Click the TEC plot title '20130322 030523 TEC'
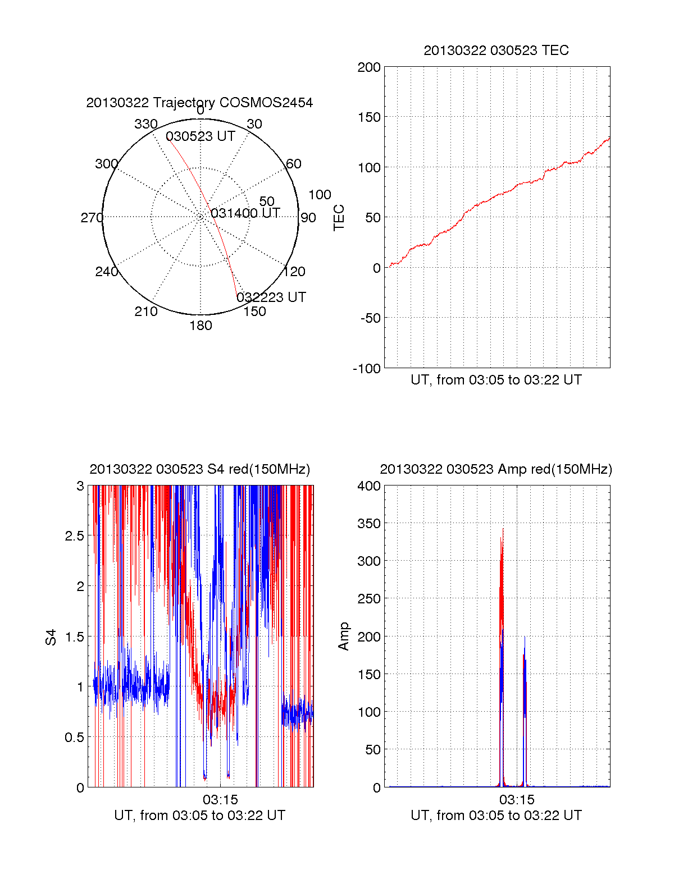[496, 51]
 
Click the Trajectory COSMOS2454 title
[199, 103]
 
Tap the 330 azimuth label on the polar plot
[145, 124]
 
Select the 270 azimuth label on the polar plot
[92, 218]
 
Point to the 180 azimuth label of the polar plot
[201, 326]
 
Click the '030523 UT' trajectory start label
[200, 136]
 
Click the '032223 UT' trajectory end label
[271, 297]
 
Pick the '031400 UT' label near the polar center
[245, 213]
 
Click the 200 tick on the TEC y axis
[369, 67]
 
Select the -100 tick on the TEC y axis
[367, 369]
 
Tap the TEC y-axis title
[339, 218]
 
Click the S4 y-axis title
[51, 637]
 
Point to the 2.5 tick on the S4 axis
[75, 536]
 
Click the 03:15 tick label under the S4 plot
[220, 799]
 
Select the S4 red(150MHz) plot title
[199, 469]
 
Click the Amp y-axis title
[343, 636]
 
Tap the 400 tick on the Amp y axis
[369, 486]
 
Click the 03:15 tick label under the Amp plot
[517, 799]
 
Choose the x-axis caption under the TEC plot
[496, 380]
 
